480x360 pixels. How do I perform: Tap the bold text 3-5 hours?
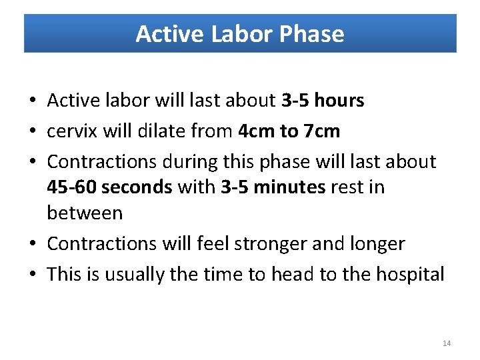coord(323,101)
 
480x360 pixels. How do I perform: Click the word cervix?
coord(71,131)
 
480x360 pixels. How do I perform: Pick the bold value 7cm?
coord(321,131)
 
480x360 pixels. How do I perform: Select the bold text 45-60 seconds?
coord(109,187)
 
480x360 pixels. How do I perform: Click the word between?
coord(85,213)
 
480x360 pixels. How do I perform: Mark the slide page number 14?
coord(447,343)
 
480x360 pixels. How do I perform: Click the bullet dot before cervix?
coord(33,131)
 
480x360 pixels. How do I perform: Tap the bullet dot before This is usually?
coord(33,274)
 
